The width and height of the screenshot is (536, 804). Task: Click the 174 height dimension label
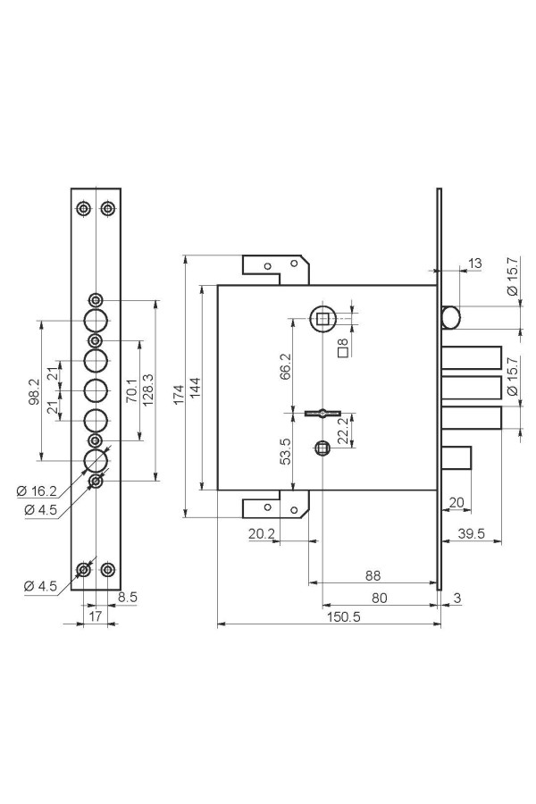(x=179, y=394)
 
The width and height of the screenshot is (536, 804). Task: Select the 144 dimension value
(x=196, y=389)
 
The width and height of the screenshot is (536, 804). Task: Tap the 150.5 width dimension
(x=343, y=616)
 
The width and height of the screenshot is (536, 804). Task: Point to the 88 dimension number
(x=373, y=575)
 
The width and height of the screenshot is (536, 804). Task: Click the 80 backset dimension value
(x=380, y=598)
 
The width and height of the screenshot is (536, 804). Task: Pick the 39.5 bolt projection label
(x=471, y=533)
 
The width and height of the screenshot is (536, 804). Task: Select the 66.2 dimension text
(x=286, y=366)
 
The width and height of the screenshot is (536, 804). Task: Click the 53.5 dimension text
(x=286, y=451)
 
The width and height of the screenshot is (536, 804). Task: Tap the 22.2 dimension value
(x=343, y=430)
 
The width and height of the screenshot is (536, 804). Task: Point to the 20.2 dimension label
(x=262, y=534)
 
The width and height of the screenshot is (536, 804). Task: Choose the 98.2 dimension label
(x=34, y=392)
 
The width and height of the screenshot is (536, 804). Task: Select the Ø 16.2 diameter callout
(x=36, y=491)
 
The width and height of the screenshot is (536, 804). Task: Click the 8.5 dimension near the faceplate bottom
(x=127, y=597)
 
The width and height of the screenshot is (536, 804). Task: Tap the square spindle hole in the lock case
(x=322, y=320)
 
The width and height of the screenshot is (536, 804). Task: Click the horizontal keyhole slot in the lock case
(x=321, y=412)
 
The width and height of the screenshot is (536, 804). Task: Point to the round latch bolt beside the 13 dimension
(x=451, y=317)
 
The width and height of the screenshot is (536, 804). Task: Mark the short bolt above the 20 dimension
(x=456, y=456)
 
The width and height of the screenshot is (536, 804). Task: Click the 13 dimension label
(x=475, y=264)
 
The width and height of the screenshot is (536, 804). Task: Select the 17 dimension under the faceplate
(x=96, y=616)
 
